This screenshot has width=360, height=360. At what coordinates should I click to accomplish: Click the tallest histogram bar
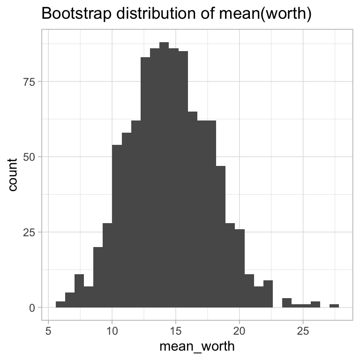pos(164,178)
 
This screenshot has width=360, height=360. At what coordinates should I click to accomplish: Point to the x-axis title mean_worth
pos(197,347)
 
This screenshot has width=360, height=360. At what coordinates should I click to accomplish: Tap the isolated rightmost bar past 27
pos(334,306)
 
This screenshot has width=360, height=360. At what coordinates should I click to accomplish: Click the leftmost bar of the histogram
pos(60,305)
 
